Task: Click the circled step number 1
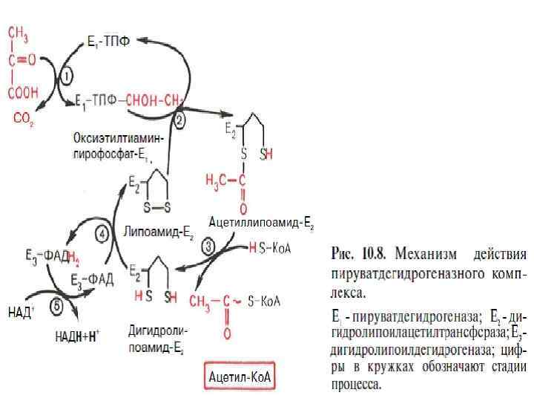point(66,76)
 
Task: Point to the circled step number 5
point(56,304)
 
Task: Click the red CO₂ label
point(23,118)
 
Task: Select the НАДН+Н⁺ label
point(78,336)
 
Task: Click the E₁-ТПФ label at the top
point(108,42)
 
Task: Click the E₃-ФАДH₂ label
point(48,257)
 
